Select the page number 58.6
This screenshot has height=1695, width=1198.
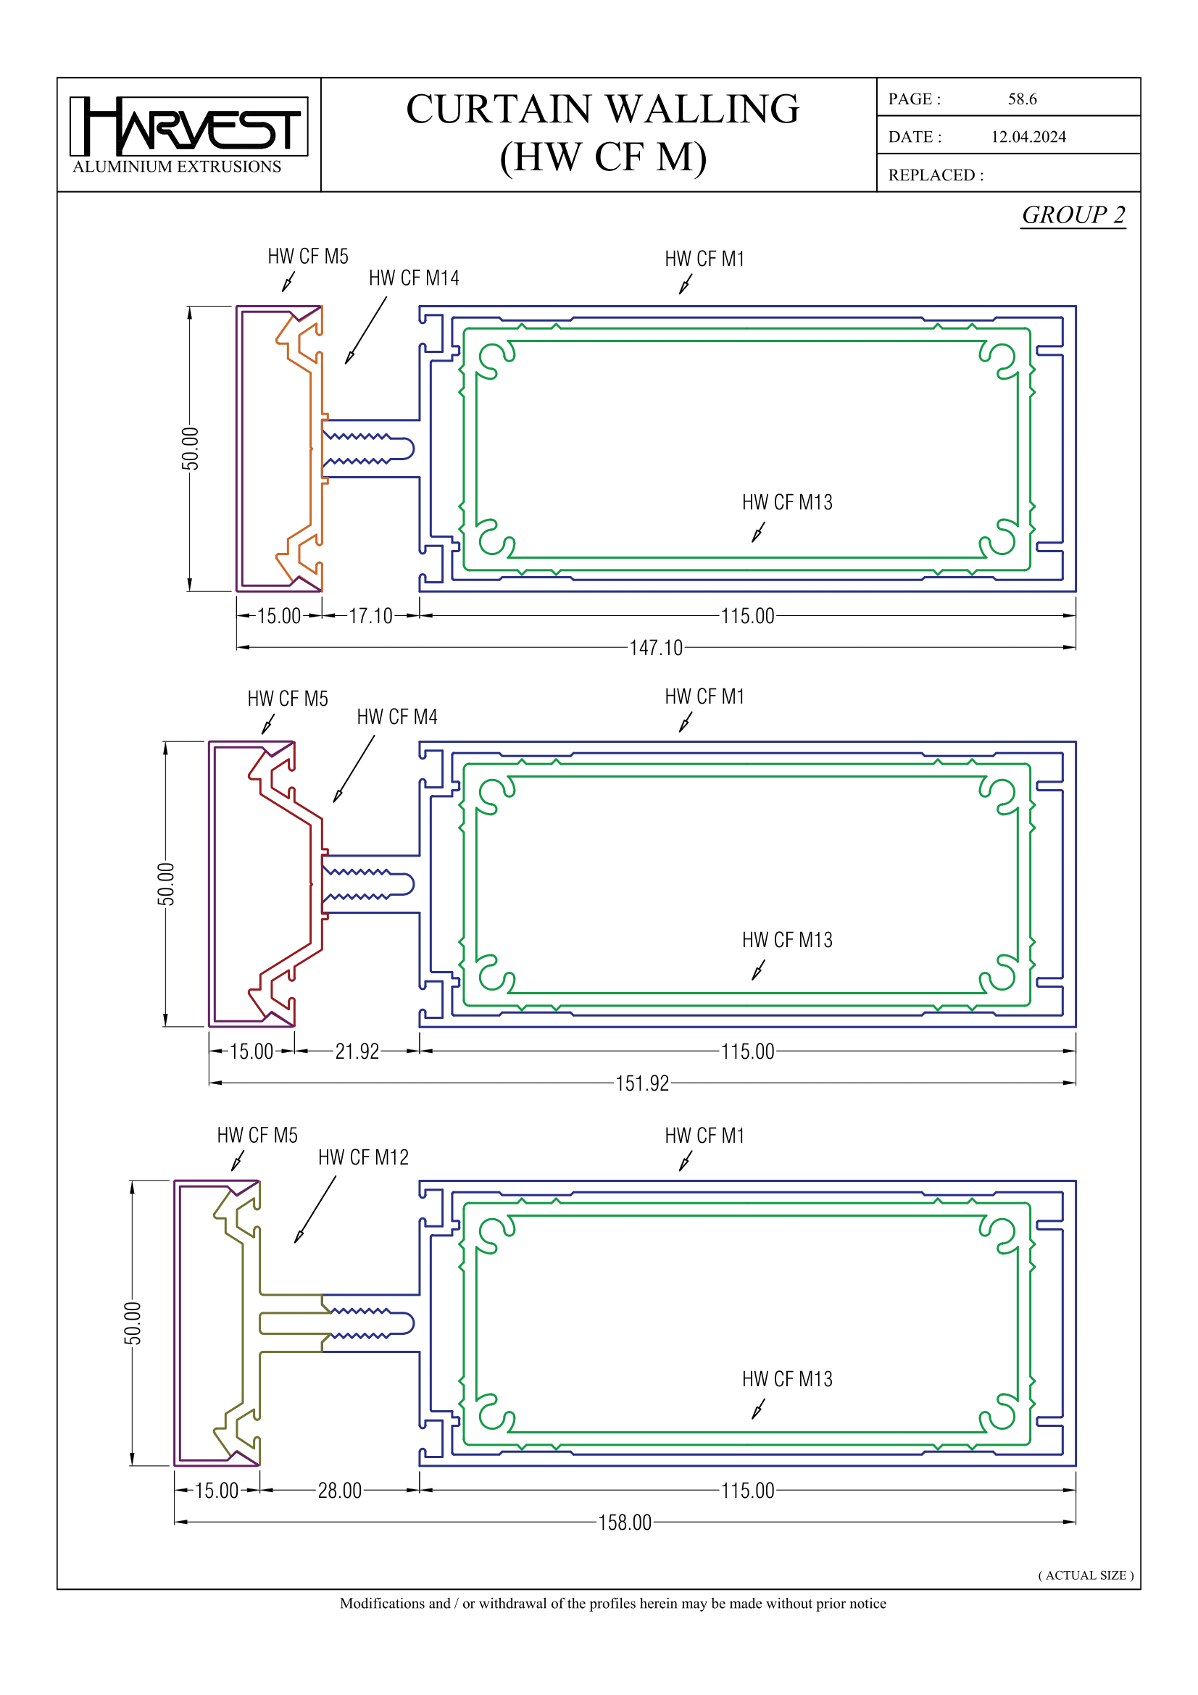pos(1022,99)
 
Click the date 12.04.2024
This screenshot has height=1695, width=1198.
pos(1028,136)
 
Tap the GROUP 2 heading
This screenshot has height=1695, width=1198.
pos(1073,215)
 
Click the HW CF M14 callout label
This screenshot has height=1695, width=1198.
pos(413,278)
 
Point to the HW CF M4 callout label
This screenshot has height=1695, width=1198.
pos(396,717)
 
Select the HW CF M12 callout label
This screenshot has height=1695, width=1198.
pos(363,1157)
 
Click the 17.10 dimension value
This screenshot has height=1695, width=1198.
pos(370,616)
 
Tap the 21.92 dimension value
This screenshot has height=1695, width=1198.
pos(357,1051)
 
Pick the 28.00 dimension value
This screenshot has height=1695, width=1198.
pos(340,1491)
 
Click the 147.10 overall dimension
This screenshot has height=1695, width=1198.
pos(655,647)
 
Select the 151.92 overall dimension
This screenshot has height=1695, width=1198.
pos(641,1083)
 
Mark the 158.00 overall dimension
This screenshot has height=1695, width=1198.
pos(624,1523)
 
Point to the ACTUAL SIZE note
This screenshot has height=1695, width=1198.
pos(1085,1575)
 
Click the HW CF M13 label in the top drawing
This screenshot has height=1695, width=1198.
pos(787,502)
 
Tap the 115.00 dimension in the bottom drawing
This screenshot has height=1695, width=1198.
pos(747,1491)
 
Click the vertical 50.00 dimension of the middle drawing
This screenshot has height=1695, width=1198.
pos(166,883)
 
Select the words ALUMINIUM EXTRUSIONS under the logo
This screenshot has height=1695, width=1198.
pos(177,167)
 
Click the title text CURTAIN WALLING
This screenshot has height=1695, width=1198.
pos(602,109)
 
